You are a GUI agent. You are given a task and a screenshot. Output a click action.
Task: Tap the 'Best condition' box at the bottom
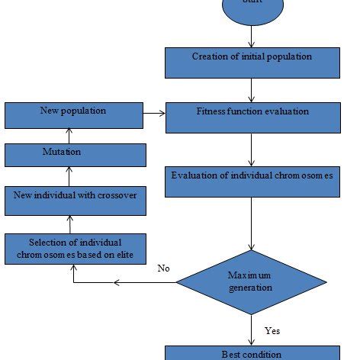click(251, 353)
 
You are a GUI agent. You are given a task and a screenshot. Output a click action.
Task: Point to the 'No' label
click(163, 268)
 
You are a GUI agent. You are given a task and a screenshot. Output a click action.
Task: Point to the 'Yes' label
click(272, 331)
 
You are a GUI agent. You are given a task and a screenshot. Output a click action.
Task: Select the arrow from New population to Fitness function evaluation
click(156, 115)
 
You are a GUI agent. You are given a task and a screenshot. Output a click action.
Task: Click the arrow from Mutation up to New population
click(68, 136)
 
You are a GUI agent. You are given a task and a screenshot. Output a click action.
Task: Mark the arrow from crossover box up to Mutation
click(68, 176)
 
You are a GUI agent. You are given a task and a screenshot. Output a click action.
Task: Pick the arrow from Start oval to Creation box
click(251, 35)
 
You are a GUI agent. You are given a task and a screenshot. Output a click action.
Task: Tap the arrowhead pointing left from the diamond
click(117, 283)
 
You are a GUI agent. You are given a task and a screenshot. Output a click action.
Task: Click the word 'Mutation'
click(62, 153)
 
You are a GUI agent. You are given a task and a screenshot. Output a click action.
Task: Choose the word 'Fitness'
click(211, 111)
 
